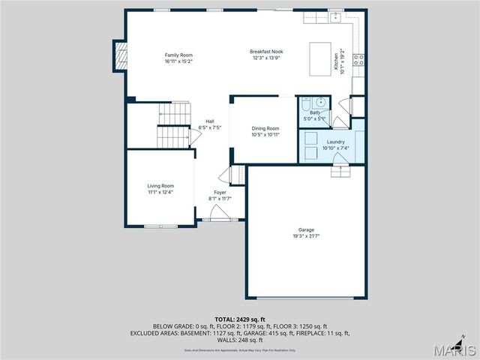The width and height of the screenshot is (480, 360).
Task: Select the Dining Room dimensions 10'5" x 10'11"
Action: click(x=265, y=134)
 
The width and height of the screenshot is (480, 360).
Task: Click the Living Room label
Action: click(x=160, y=186)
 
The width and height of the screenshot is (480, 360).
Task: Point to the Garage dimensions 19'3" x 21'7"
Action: click(x=306, y=236)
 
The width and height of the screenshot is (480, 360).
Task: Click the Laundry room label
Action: click(x=335, y=142)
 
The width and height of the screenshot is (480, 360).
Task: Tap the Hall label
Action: click(x=210, y=122)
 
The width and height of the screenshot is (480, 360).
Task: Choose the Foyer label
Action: click(x=220, y=193)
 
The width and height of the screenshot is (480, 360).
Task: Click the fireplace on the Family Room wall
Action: click(x=119, y=55)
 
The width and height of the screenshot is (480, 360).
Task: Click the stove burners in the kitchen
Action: click(x=359, y=59)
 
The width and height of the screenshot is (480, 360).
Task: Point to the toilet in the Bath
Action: click(x=307, y=105)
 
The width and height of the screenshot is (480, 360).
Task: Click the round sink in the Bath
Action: click(x=320, y=103)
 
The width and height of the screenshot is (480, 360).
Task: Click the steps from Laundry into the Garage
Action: click(x=342, y=171)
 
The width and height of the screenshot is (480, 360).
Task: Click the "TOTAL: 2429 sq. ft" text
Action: click(x=240, y=319)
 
